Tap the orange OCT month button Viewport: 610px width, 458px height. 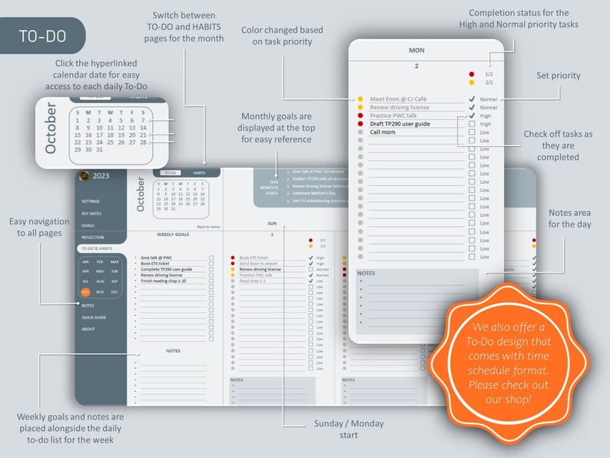point(86,292)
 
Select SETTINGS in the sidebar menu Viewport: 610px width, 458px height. point(91,201)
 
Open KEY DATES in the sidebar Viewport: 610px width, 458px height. point(91,213)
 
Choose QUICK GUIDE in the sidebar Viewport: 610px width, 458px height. point(94,317)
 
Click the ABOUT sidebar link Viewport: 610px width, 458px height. point(88,329)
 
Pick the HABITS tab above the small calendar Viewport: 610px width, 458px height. point(199,173)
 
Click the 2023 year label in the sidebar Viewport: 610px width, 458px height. point(101,176)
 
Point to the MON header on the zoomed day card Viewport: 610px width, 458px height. point(416,51)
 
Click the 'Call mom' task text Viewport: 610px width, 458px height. point(382,132)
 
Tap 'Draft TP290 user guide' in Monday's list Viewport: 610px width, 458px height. point(399,124)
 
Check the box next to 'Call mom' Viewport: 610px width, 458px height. point(471,132)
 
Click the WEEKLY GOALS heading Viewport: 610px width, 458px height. point(174,234)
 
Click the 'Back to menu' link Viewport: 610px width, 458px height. point(208,227)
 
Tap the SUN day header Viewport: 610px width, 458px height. point(272,224)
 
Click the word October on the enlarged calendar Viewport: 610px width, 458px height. point(51,128)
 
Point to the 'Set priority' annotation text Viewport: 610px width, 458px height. point(558,76)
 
